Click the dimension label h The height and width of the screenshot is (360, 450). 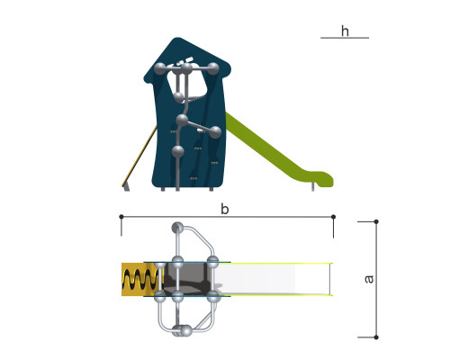point(345,31)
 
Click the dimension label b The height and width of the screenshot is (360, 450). point(225,209)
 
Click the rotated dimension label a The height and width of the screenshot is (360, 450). point(369,279)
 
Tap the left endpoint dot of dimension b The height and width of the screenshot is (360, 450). point(121,217)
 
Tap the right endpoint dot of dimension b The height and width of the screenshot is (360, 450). point(333,217)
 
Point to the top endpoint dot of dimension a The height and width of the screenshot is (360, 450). point(376,221)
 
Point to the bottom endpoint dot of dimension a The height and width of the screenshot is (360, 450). point(376,337)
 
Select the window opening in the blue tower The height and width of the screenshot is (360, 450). point(187,84)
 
